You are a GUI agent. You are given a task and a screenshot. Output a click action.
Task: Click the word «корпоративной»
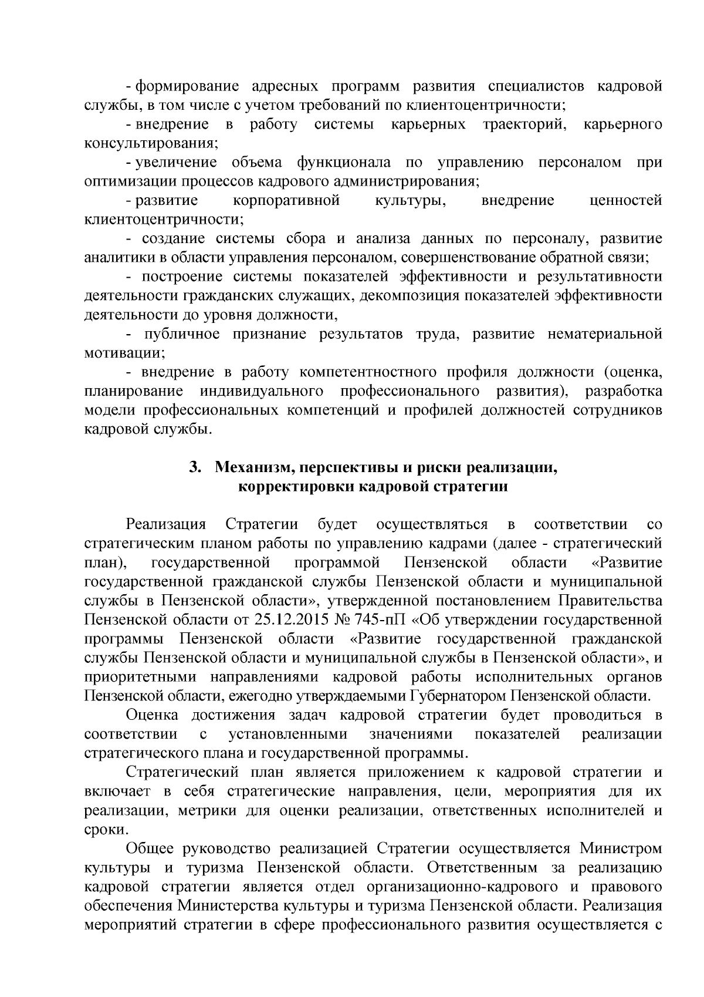pos(286,201)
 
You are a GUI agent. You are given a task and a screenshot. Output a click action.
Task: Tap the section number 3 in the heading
pos(195,467)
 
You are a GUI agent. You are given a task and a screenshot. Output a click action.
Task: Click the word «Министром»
pos(621,849)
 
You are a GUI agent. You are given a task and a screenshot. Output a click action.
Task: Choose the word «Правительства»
pos(610,601)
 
